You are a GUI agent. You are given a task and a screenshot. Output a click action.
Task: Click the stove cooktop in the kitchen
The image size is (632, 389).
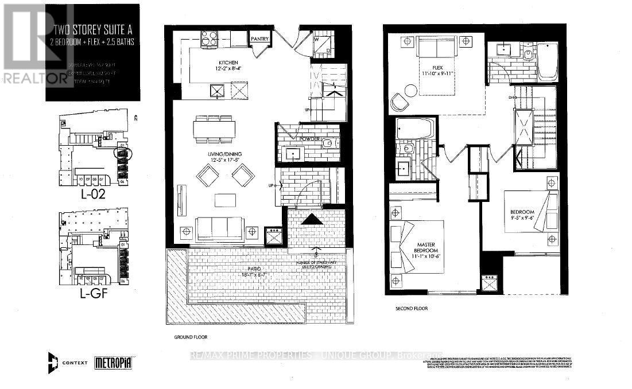[x=208, y=38]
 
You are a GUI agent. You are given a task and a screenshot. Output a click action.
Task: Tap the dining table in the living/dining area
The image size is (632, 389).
[x=214, y=129]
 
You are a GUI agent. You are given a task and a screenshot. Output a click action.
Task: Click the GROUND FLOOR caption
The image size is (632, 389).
[x=186, y=337]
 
